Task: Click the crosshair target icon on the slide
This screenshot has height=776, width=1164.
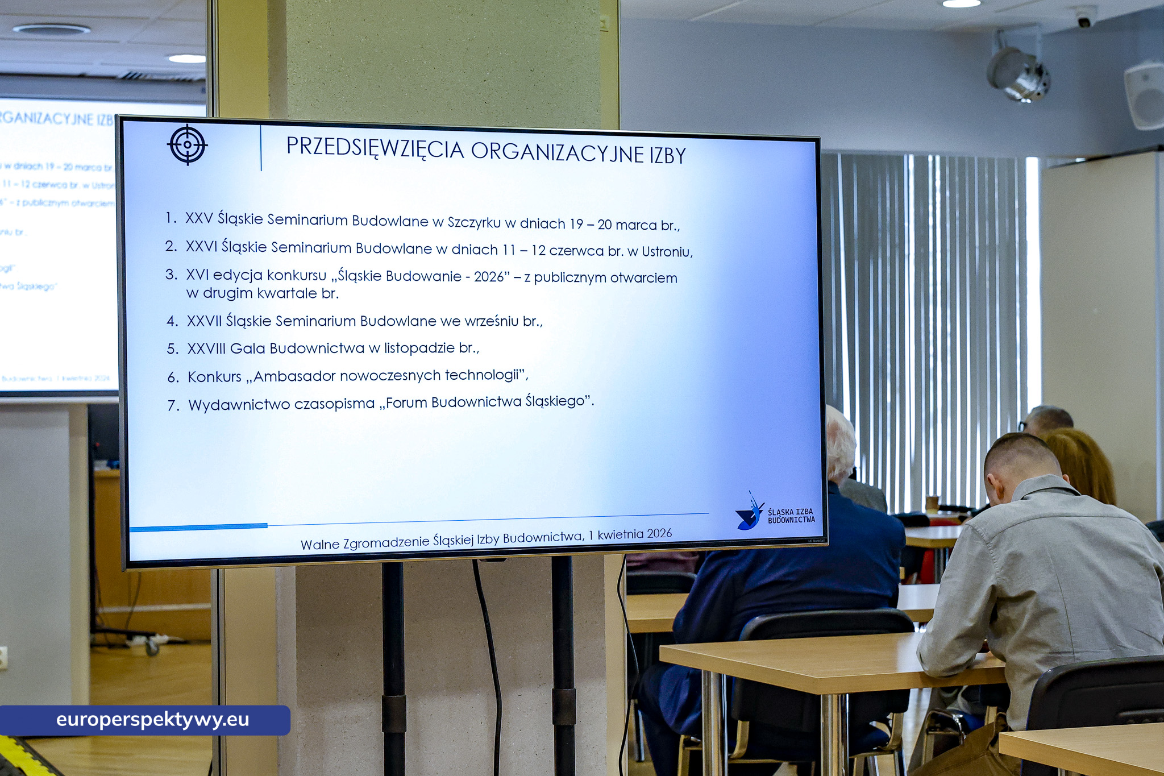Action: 188,145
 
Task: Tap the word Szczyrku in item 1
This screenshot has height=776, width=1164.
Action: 474,222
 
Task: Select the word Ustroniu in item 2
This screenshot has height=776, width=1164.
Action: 666,252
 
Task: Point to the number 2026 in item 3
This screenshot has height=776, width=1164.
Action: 489,277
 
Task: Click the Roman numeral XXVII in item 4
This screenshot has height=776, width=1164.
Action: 205,321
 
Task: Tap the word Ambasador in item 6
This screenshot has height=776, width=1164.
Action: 294,376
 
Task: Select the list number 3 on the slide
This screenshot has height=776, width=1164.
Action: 171,275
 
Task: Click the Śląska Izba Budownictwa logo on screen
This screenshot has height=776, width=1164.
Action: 774,513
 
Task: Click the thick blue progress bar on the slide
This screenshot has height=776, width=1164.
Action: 198,528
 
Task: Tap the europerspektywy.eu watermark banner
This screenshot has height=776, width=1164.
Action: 145,720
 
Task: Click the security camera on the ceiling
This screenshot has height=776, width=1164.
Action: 1084,19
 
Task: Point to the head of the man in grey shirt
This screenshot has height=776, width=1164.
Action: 1020,463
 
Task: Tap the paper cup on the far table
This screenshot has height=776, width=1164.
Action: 932,504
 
